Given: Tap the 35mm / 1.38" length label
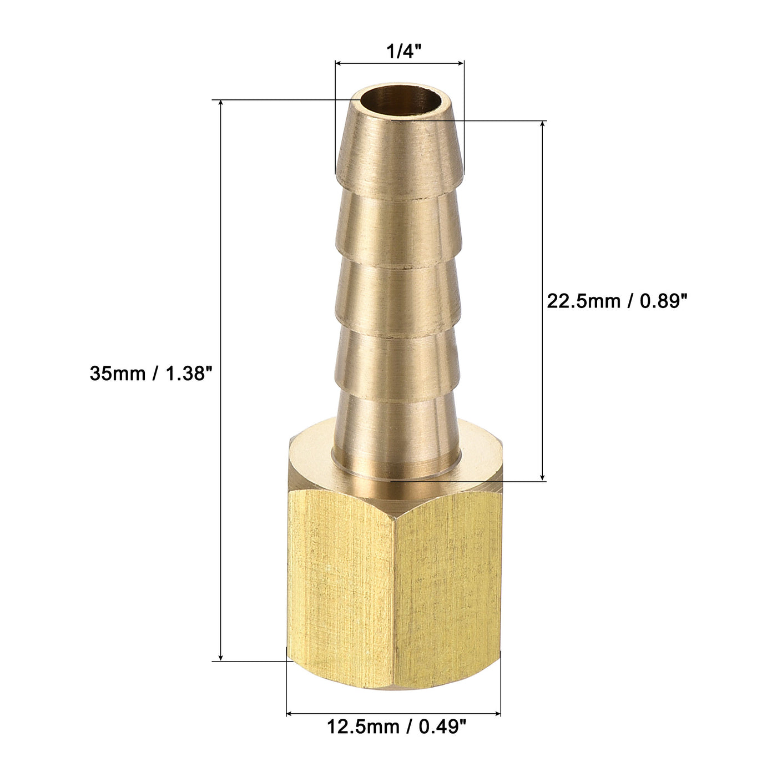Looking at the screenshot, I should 152,374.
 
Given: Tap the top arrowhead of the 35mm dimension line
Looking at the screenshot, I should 221,104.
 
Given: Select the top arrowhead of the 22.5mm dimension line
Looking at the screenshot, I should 542,124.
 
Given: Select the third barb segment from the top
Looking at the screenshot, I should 398,289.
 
